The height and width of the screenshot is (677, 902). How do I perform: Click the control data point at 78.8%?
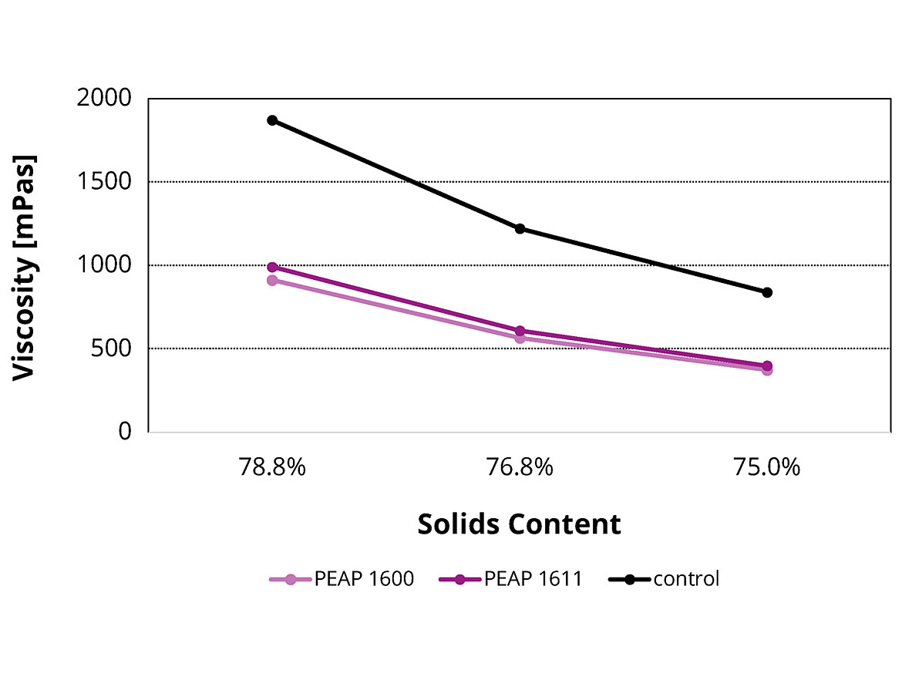[x=272, y=120]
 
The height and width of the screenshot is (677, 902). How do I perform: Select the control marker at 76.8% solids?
[x=520, y=229]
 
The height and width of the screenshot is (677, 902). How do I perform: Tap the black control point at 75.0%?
[x=767, y=292]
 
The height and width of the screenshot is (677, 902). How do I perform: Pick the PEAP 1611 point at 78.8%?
[x=272, y=267]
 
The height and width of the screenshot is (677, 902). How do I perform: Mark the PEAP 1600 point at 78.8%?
[x=272, y=280]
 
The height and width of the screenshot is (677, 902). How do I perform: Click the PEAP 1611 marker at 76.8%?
[x=520, y=331]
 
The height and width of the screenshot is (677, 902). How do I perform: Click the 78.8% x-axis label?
[x=272, y=468]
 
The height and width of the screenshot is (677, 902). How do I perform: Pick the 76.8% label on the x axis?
[x=520, y=468]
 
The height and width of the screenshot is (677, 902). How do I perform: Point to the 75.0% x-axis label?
[x=767, y=468]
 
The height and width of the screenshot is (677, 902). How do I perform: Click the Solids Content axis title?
[x=519, y=524]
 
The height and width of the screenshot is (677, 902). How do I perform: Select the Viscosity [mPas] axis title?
[x=25, y=266]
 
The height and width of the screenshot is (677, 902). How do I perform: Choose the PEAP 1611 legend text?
[x=533, y=579]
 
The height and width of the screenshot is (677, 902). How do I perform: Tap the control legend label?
[x=685, y=579]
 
